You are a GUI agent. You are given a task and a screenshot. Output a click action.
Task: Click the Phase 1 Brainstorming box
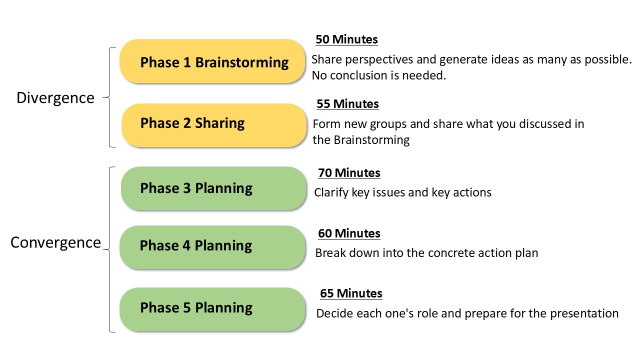point(212,61)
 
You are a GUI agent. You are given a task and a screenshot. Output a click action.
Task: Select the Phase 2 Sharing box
point(214,125)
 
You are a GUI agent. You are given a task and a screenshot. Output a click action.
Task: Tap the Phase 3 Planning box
point(213,188)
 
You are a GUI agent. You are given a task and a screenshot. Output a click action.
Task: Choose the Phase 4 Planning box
point(212,247)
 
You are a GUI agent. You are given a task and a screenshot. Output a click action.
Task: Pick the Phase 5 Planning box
point(212,309)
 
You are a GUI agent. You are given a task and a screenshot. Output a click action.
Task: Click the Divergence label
point(55,98)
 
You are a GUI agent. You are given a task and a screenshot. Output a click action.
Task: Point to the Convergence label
point(55,242)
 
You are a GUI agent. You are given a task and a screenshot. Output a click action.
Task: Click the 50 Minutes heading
point(346,39)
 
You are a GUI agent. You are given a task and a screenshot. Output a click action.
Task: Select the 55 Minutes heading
point(347,104)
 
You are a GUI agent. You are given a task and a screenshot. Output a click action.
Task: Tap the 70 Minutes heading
point(349,173)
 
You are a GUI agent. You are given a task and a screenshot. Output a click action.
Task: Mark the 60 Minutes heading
point(349,233)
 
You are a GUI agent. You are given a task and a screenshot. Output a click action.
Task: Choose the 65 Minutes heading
point(351,293)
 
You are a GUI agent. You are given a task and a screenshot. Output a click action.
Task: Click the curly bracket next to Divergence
point(109,97)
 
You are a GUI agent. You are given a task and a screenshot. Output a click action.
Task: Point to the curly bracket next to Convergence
point(109,249)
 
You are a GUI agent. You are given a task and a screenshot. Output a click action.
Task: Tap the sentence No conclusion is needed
point(379,75)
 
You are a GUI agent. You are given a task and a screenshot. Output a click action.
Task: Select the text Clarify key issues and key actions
point(403,193)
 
